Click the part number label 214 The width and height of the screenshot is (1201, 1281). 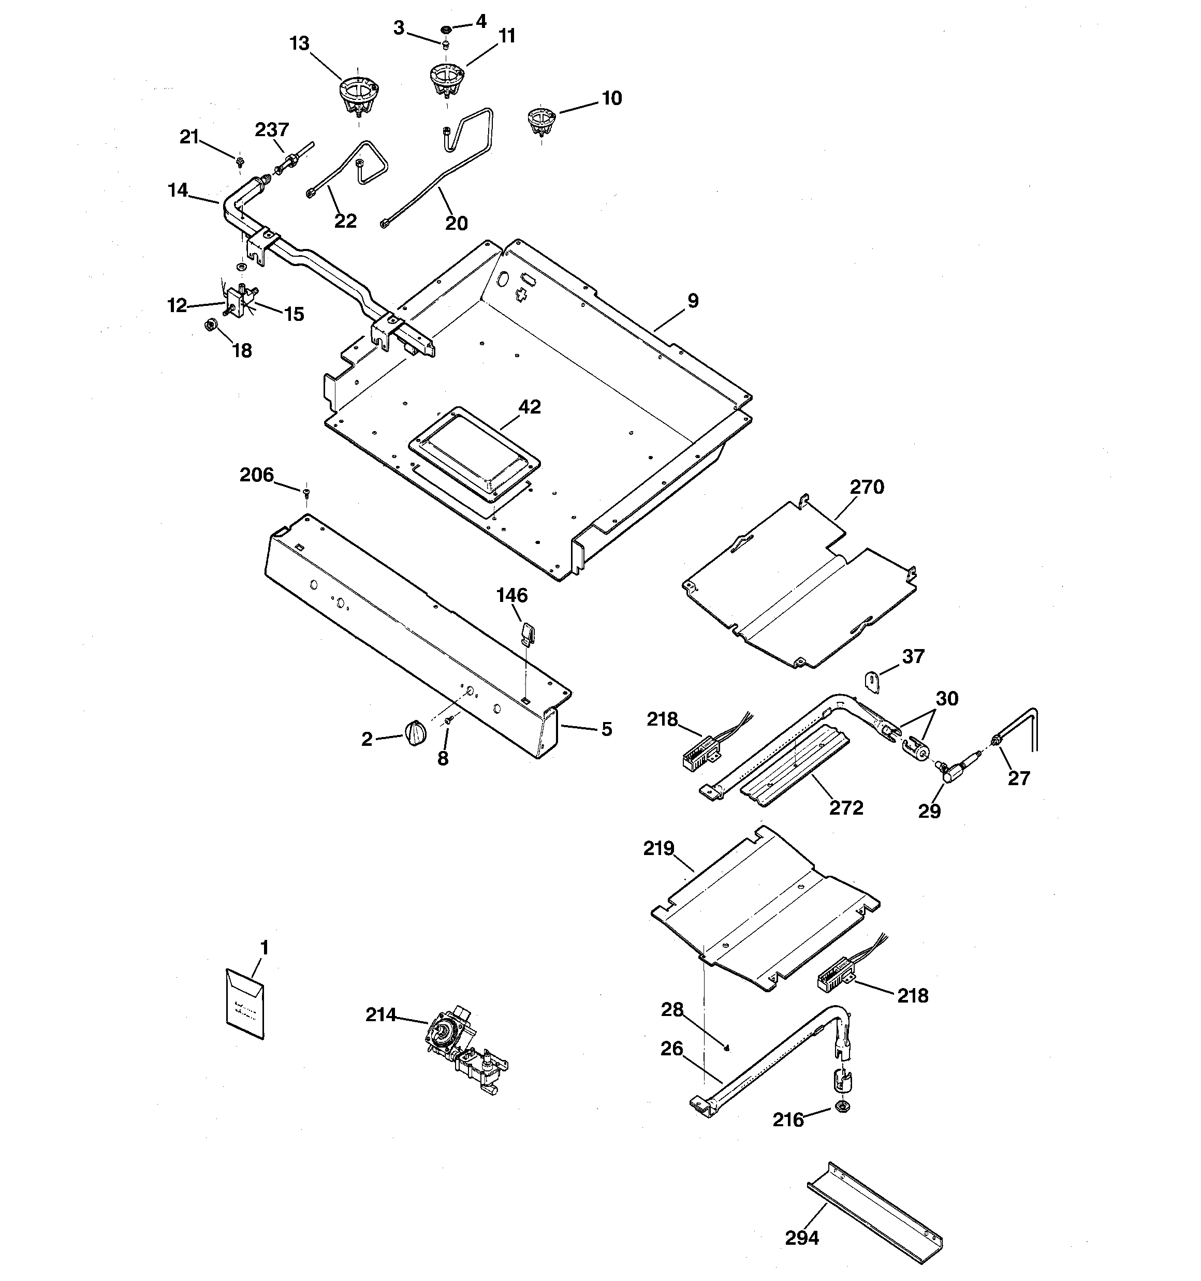[x=380, y=1015]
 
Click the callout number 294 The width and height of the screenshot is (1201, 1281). [x=802, y=1238]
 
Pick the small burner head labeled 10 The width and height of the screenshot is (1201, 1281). [x=541, y=121]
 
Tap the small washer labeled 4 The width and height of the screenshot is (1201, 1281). [x=446, y=29]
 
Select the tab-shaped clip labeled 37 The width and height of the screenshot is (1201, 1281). [x=872, y=681]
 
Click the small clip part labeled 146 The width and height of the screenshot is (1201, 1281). [x=526, y=631]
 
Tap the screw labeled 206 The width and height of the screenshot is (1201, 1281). [x=306, y=493]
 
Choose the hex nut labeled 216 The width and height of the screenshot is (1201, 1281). [x=841, y=1107]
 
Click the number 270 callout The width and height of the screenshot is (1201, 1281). [x=867, y=487]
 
